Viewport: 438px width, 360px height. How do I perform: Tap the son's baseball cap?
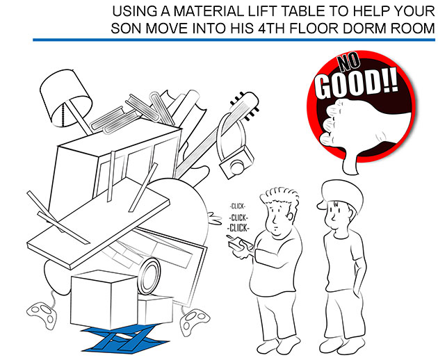point(341,195)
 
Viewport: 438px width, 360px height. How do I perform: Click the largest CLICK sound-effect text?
point(238,228)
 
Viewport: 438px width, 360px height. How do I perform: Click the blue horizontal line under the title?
point(234,40)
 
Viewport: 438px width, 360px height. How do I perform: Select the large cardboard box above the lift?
point(104,300)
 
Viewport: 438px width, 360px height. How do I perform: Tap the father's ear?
point(291,215)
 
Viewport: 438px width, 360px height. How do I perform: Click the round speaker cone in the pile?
point(149,275)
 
